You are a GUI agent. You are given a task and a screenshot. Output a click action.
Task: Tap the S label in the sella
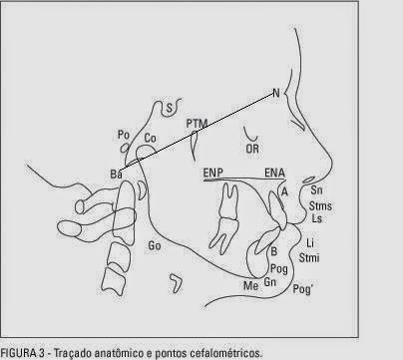(171, 107)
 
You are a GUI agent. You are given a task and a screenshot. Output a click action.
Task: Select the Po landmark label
(125, 135)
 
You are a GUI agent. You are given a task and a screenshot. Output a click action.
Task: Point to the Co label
(151, 139)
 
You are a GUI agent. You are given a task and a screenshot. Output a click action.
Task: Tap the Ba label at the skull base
(117, 175)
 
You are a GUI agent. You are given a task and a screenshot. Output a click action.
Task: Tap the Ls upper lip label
(317, 216)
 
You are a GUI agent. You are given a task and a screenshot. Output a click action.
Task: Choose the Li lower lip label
(311, 243)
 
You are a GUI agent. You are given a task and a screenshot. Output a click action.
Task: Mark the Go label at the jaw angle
(155, 244)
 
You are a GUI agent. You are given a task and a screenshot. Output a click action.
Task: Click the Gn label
(270, 283)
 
